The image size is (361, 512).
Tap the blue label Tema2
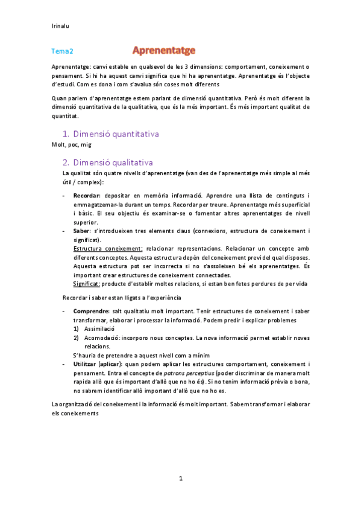pos(62,52)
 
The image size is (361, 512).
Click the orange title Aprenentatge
pos(163,51)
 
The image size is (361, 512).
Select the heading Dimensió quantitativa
pos(116,133)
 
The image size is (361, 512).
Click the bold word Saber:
pos(83,231)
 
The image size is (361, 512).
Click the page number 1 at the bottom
pos(181,478)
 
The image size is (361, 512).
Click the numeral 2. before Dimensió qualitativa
pos(66,162)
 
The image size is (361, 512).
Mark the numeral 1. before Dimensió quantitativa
pos(66,133)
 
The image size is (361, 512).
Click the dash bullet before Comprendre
pos(64,311)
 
